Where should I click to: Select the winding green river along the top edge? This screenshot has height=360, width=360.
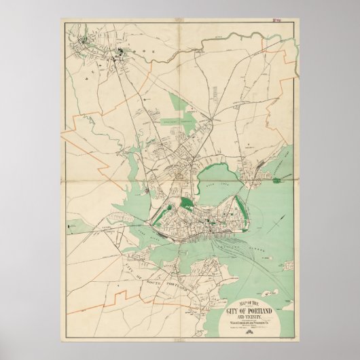(204, 51)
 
